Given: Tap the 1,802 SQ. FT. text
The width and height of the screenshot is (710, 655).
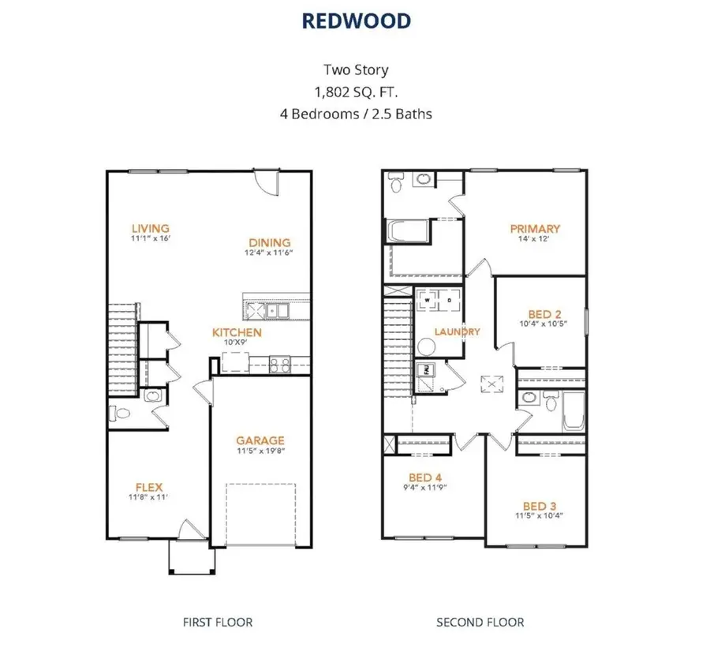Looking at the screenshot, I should coord(355,92).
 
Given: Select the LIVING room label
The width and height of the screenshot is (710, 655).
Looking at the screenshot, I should coord(150,229).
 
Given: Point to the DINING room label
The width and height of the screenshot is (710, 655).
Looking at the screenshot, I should coord(270,242).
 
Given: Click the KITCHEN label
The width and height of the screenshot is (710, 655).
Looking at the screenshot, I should coord(237,333).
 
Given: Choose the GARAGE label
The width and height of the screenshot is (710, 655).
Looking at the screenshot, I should coord(260,440).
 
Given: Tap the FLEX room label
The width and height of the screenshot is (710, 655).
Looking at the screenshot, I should coord(149,488).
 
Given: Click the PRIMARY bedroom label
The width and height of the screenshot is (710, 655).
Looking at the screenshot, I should coord(535,229).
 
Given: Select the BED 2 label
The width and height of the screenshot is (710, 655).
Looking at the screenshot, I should coord(540,314).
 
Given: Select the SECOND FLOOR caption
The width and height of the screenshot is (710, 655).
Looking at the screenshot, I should coord(480,622).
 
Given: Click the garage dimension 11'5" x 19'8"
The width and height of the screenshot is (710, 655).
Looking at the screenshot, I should coord(260,453).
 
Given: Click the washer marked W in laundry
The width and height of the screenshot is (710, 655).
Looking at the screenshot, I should coord(425,301).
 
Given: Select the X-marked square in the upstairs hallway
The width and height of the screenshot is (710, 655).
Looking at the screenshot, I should coord(494,384).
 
